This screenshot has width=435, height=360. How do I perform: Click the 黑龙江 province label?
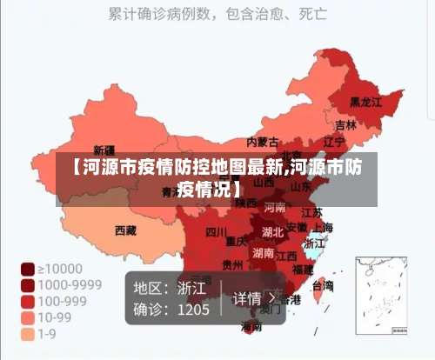365,102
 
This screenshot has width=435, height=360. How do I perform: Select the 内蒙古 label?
263,142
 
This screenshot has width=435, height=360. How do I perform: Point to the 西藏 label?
125,230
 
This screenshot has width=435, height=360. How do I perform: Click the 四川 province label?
217,231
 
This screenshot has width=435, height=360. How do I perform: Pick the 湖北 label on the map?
272,232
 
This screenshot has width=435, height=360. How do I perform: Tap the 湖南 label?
263,254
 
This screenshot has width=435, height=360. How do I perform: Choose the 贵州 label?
232,264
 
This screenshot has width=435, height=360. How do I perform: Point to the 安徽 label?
297,227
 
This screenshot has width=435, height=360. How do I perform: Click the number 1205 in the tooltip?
193,309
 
